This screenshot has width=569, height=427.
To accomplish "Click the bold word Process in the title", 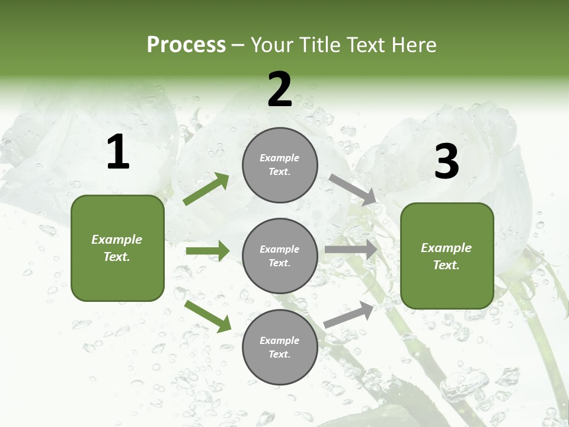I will tap(186, 45).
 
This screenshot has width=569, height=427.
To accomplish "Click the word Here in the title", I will tap(413, 45).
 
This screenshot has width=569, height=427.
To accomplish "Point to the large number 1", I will tap(118, 152).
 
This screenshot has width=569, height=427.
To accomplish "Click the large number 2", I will tap(280, 90).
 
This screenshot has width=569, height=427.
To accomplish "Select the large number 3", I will tap(447, 162).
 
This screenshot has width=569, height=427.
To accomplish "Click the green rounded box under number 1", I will tap(117, 248).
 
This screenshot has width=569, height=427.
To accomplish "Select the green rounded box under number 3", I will tap(447, 256).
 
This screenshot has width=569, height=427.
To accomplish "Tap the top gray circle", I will tap(280, 165).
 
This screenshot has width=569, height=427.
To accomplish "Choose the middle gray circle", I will tap(280, 256).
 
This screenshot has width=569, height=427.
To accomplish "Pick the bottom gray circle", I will tap(280, 347).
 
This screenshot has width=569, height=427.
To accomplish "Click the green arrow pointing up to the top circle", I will tap(206, 189).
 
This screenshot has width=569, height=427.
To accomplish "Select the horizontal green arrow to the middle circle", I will tap(207, 251).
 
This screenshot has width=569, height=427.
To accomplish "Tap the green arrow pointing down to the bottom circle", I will tap(208, 316).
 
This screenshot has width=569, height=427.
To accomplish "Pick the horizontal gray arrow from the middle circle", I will tap(351, 250).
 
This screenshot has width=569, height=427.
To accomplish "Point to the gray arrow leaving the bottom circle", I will tap(349, 314).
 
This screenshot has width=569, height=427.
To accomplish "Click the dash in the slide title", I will tap(238, 46).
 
